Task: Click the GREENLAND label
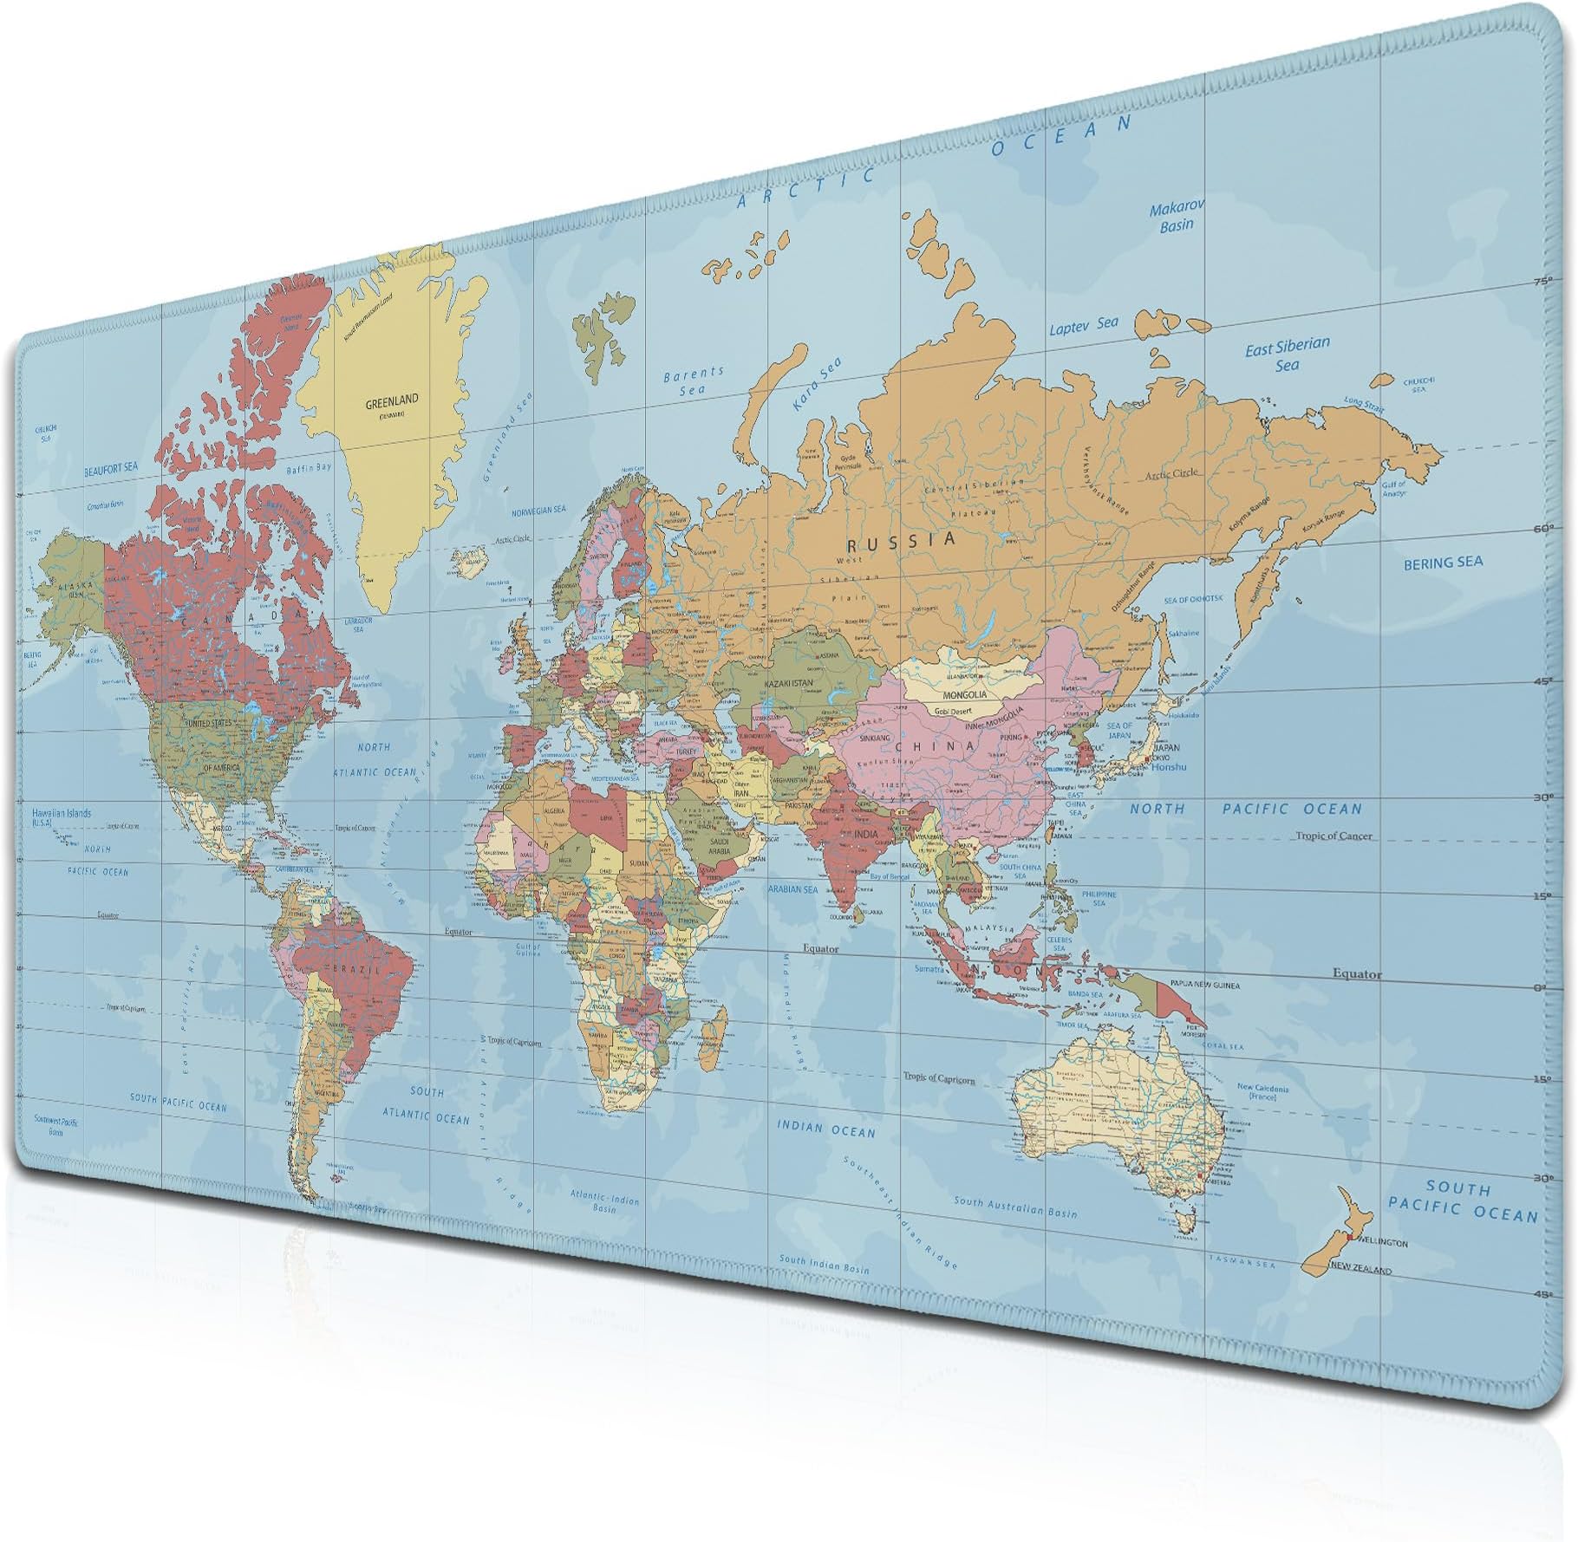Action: [x=391, y=400]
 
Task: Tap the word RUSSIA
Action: [x=902, y=541]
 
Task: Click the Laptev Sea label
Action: [x=1084, y=326]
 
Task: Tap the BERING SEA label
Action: [x=1443, y=563]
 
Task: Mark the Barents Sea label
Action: [x=693, y=381]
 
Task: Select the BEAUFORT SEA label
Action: [x=111, y=468]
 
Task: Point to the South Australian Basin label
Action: [x=1015, y=1207]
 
